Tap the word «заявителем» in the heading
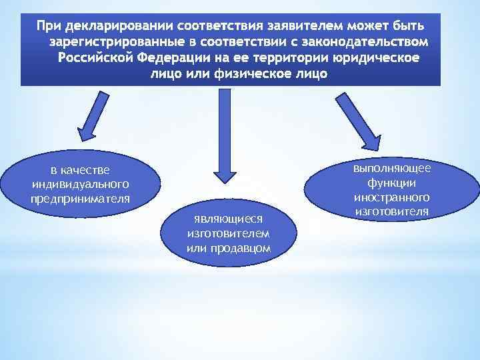click(303, 27)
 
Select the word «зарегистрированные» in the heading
click(117, 43)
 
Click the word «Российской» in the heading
click(97, 58)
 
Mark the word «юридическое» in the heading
click(374, 58)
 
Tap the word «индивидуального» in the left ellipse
click(80, 185)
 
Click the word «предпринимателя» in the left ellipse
click(80, 199)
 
